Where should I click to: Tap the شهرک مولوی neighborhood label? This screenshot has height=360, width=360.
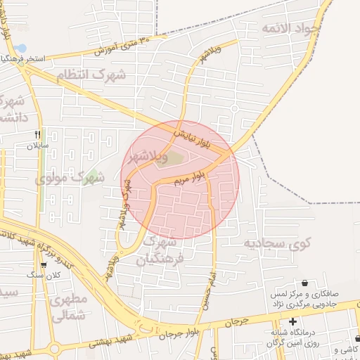tap(70, 179)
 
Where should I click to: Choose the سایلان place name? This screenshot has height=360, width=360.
tap(35, 146)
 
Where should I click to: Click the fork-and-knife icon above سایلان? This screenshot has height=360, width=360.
tap(37, 134)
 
